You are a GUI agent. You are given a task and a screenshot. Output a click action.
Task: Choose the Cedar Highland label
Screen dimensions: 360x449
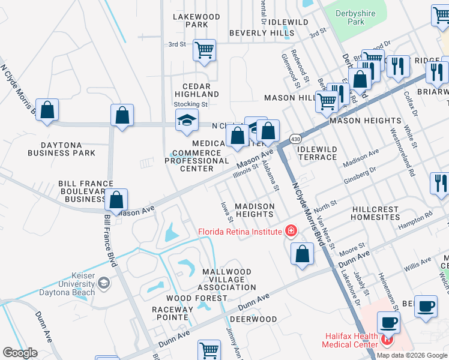coord(197,89)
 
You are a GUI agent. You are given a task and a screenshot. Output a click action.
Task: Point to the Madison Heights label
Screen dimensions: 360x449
coord(255,210)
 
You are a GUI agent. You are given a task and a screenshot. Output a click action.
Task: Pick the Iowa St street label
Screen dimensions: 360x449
coord(226,212)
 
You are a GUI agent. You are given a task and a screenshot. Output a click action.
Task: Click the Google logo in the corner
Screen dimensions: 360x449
coord(20,353)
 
